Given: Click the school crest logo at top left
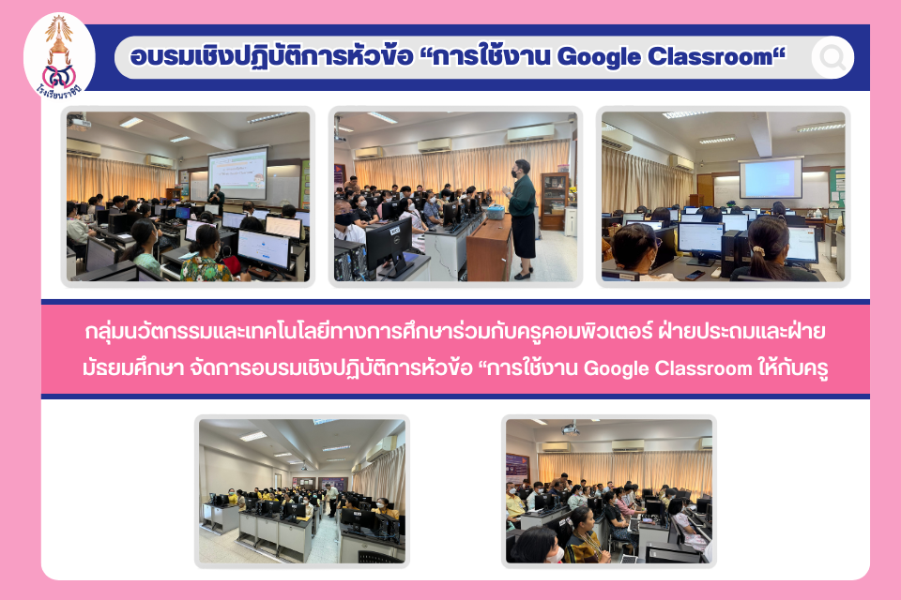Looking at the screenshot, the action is point(59,56).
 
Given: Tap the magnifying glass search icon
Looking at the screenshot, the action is point(832,57).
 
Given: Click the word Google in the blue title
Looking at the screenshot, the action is point(599,57).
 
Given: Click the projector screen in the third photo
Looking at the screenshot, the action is point(770,178).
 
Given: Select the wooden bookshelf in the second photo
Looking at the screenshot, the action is point(554,201).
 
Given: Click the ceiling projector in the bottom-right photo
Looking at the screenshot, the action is point(570,429).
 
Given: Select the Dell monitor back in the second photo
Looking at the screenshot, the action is point(389,246).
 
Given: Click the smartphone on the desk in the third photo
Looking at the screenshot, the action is point(695,275).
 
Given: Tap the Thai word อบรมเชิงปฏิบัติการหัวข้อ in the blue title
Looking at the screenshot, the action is point(271,57).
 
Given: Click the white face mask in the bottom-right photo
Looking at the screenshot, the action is point(555,554).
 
